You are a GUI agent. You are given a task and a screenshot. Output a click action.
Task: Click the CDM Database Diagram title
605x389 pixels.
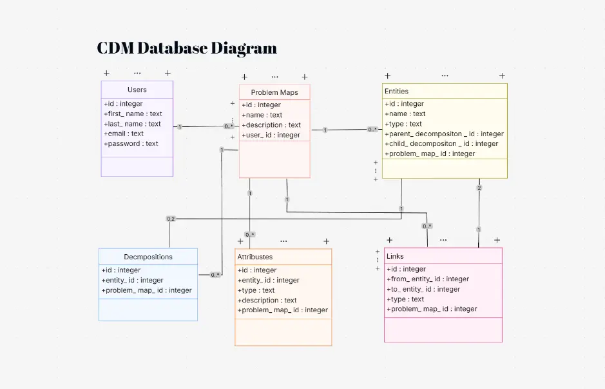pos(187,48)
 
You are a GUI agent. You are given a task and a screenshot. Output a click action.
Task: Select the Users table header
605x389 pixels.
pos(137,90)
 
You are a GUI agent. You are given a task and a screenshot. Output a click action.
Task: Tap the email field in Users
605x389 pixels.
pos(124,134)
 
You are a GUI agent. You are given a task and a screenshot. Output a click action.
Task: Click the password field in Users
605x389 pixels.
pos(131,144)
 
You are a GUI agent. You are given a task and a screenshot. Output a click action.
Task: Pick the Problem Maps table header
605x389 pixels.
pos(274,92)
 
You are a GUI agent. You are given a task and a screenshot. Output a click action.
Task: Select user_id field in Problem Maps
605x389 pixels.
pos(271,135)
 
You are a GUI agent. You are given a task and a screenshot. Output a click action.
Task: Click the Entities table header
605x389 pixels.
pos(396,91)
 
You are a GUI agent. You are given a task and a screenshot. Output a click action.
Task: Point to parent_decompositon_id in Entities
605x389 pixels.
pos(444,134)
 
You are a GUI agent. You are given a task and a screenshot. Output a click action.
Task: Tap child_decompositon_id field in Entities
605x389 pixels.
pos(441,144)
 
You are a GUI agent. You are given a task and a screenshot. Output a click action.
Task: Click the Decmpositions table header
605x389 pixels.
pos(148,257)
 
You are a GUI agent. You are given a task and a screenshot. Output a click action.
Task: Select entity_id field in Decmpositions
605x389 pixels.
pos(133,281)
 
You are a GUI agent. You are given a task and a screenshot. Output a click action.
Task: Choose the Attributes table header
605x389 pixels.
pos(255,257)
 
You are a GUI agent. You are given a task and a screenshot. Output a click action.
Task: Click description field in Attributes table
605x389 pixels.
pos(267,301)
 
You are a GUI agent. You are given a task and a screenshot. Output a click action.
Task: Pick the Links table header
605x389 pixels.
pos(395,256)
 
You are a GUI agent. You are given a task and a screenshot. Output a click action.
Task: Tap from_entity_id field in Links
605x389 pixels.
pos(428,279)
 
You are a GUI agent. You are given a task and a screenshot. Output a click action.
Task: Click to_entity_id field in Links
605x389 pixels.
pos(423,290)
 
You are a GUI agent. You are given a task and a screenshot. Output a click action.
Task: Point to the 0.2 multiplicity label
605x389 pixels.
pos(171,219)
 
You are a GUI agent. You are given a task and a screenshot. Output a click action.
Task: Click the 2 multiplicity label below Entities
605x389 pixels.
pos(479,188)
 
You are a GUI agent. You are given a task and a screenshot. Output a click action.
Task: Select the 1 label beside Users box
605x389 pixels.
pos(180,127)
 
